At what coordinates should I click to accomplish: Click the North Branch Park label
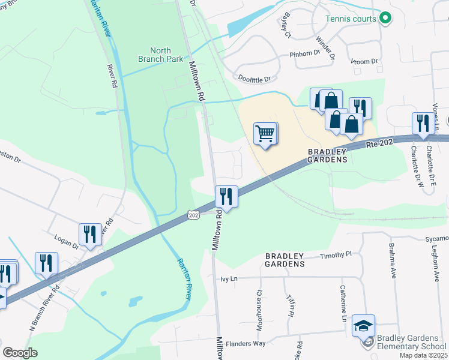160,55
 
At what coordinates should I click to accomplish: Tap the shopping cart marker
265,133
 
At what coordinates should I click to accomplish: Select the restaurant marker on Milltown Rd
226,196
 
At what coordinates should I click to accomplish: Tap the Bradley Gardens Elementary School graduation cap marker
363,325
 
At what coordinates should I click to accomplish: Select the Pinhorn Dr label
306,53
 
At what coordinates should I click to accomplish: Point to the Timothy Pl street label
336,255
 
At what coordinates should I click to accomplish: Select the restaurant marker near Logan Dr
90,234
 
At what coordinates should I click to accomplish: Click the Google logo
20,353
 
